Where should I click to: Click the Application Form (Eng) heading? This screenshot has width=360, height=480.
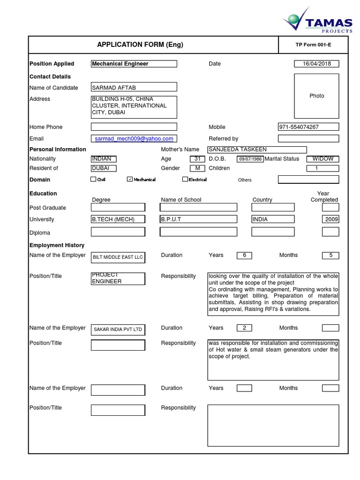(x=140, y=45)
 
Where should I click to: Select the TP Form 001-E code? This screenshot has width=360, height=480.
(x=313, y=45)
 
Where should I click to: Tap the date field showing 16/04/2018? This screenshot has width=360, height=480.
(x=316, y=64)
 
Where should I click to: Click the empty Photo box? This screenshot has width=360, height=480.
(x=316, y=96)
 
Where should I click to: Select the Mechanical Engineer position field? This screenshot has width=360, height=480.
(x=134, y=64)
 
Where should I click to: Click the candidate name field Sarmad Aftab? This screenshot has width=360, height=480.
(x=134, y=87)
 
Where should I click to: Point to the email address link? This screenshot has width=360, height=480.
(x=134, y=139)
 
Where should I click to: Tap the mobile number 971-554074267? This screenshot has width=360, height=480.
(x=308, y=127)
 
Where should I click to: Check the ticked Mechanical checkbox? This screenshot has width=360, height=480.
(x=130, y=180)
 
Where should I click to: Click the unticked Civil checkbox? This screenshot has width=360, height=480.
(x=93, y=180)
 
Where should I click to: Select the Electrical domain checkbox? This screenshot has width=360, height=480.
(x=185, y=180)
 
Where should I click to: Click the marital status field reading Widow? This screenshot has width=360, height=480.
(x=322, y=159)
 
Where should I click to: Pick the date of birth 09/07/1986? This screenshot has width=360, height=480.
(x=250, y=159)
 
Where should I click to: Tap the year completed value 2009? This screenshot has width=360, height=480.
(x=330, y=219)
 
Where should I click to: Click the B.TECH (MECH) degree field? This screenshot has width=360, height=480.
(x=118, y=219)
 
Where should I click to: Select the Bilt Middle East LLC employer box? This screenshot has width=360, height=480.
(x=118, y=257)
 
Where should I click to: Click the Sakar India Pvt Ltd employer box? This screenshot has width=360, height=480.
(x=118, y=330)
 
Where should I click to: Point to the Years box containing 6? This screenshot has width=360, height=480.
(x=244, y=255)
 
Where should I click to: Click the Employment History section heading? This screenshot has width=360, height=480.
(x=57, y=245)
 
